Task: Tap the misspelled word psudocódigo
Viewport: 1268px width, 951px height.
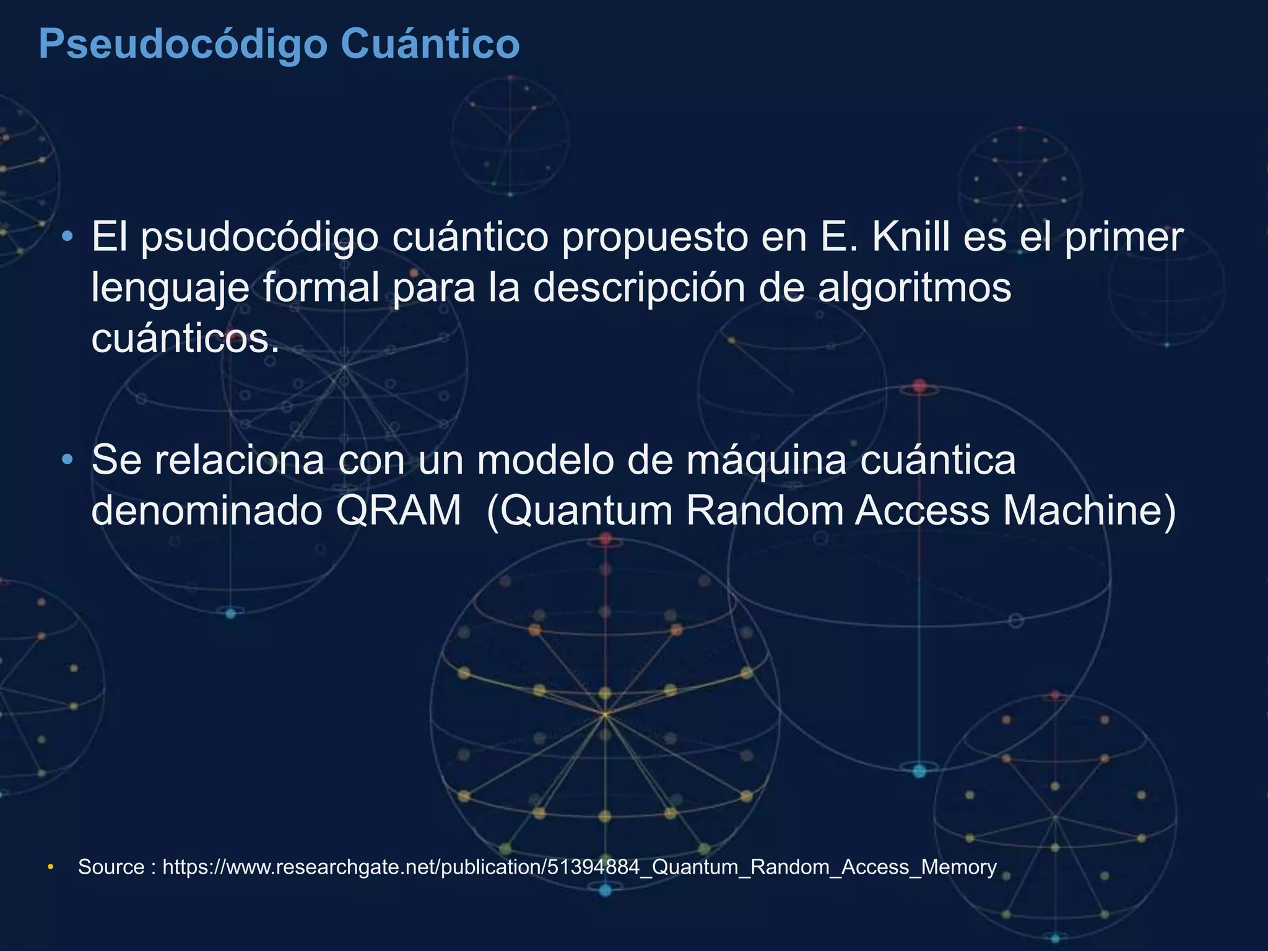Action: point(259,238)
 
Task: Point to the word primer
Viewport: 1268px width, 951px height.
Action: point(1124,238)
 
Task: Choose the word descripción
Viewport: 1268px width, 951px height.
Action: point(639,289)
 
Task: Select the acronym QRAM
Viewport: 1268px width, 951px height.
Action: point(399,511)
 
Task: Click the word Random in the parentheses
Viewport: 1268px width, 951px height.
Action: point(764,511)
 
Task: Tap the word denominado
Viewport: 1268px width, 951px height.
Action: point(207,511)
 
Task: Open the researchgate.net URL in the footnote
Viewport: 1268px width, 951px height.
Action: point(580,867)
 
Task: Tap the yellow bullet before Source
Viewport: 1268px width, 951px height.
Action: point(51,866)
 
